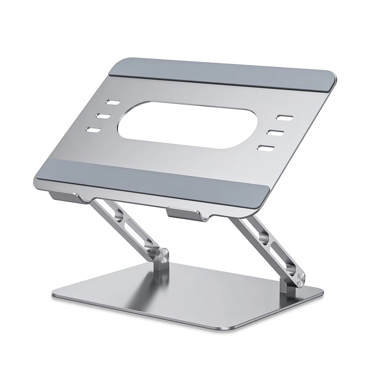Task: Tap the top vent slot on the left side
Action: pos(113,102)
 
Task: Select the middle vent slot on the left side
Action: pos(103,116)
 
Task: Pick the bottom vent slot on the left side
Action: pos(93,130)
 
